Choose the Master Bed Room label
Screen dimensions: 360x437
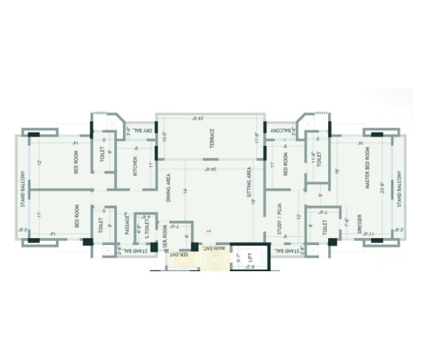pyautogui.click(x=369, y=168)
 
